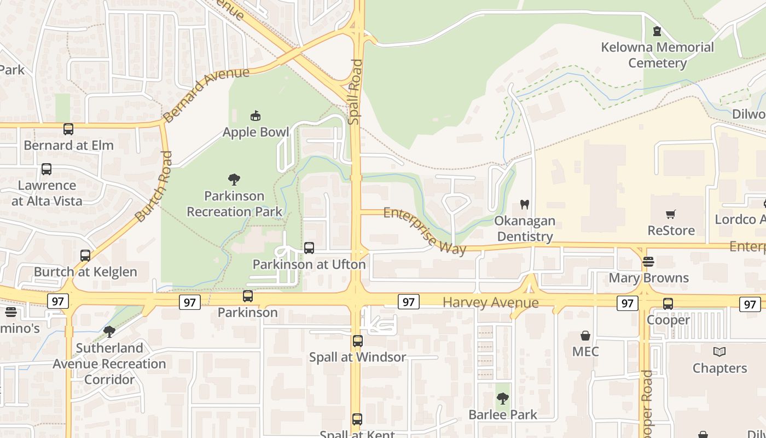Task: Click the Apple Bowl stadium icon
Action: click(256, 116)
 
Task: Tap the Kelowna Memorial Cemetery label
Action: click(657, 55)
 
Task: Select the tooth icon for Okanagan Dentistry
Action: click(524, 205)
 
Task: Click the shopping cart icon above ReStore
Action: click(671, 214)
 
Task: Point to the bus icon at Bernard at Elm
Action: click(68, 129)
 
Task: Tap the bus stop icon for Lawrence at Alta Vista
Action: click(47, 169)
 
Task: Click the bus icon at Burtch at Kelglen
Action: click(85, 256)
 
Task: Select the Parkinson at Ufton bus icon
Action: click(309, 248)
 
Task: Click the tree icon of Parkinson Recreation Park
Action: click(234, 179)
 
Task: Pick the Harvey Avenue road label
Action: click(490, 302)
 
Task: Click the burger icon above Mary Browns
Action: click(648, 262)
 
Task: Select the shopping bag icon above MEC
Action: click(585, 336)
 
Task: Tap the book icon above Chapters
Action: click(719, 352)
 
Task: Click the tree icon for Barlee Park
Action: click(503, 399)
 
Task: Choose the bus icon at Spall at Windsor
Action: click(358, 341)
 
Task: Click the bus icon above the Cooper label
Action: click(668, 304)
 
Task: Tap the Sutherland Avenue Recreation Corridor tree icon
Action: click(109, 331)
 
